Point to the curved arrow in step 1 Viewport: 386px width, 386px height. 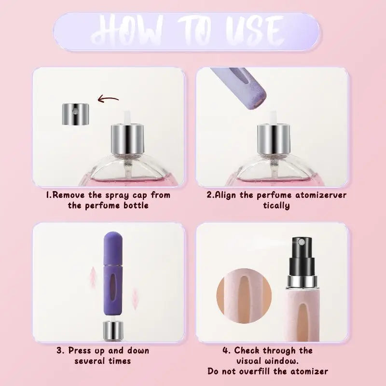pos(108,100)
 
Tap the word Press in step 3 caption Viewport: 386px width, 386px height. pos(80,351)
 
